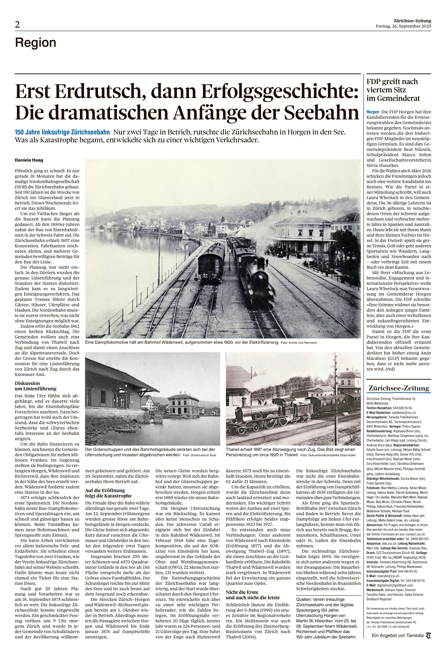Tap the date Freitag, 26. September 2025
tap(403, 26)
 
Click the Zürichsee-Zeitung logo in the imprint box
tap(398, 388)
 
